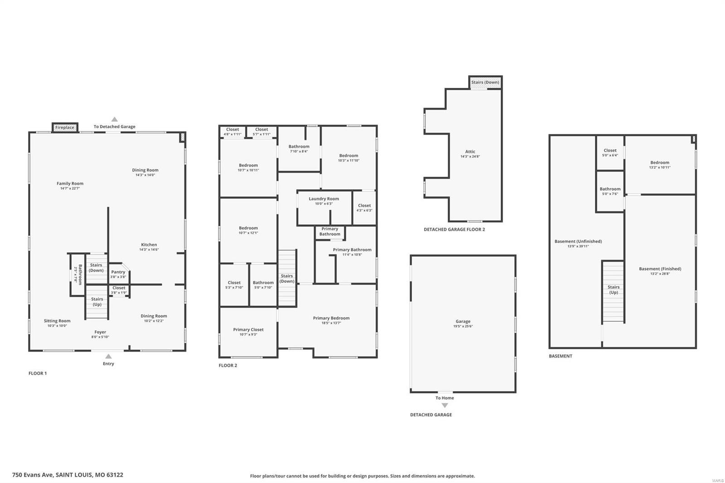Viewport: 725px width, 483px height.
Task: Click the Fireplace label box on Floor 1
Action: point(65,127)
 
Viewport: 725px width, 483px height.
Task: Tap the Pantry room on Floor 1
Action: point(118,274)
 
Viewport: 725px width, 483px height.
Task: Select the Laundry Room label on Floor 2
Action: point(324,199)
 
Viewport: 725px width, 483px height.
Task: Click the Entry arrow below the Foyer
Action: point(108,357)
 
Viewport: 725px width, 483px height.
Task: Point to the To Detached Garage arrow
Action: point(115,120)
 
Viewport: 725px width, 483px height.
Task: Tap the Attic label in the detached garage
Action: point(470,152)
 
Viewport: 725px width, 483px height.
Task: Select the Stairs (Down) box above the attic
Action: point(485,82)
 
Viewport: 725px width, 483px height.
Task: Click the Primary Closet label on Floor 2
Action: point(248,330)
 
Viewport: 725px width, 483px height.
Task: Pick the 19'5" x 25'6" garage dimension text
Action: point(463,327)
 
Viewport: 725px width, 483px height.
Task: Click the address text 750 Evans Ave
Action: point(68,475)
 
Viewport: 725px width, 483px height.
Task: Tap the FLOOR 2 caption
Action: point(228,365)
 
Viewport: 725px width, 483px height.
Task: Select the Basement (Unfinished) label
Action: point(578,241)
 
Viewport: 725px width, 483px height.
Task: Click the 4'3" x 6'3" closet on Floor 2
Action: point(364,208)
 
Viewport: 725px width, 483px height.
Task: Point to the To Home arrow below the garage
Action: point(445,405)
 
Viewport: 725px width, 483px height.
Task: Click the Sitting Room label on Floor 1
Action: point(57,321)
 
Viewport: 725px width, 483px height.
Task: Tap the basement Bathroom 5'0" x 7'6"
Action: point(610,191)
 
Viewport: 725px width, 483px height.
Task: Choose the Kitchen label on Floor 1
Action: point(149,245)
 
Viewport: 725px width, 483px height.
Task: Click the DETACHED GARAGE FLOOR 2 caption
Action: point(454,229)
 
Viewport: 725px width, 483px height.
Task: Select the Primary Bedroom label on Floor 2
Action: point(331,318)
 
